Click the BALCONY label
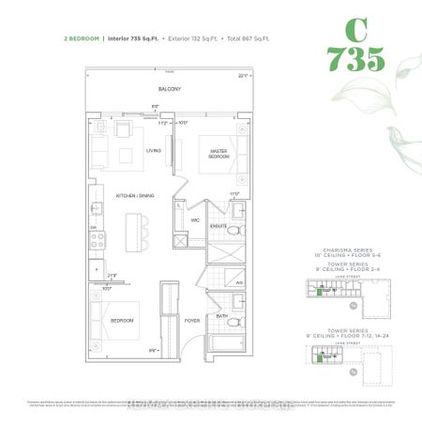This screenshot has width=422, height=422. coord(169,88)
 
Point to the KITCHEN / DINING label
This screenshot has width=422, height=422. coord(134,195)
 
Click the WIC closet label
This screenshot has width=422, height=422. coord(196,220)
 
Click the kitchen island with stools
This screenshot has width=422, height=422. coord(133,230)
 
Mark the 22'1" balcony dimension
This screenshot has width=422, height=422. coord(243,75)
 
